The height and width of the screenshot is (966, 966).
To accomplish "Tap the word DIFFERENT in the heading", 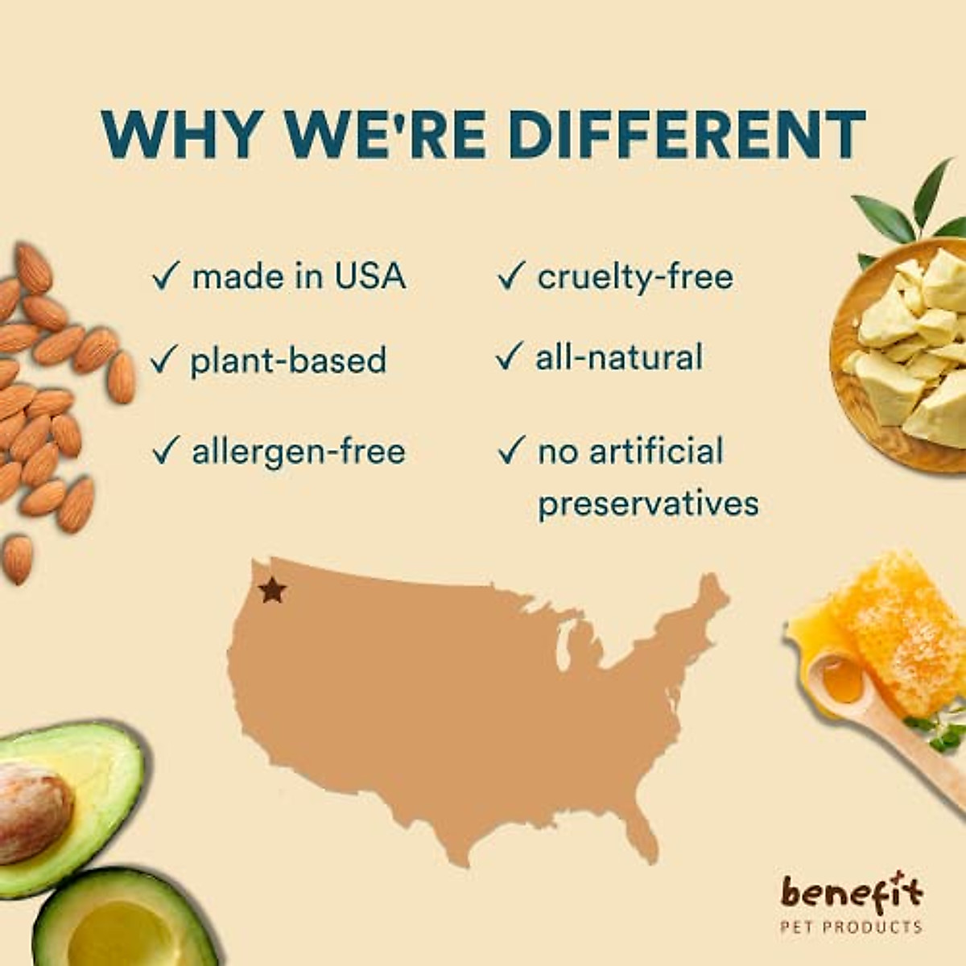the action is pos(687,134).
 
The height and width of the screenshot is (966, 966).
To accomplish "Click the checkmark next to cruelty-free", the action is pos(511,275).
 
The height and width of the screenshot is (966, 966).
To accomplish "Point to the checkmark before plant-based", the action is pos(163,359).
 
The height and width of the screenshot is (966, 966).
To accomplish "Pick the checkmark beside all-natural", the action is pos(509,356).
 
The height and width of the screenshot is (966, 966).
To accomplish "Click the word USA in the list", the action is pos(370,275).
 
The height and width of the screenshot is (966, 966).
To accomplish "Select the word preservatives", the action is pos(648,503).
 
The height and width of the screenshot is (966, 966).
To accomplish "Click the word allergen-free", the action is pos(299,451).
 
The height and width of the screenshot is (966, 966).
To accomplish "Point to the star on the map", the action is pos(273,590).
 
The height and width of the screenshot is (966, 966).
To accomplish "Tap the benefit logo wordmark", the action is pos(852,893).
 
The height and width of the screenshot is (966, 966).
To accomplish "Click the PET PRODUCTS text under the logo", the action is pos(851,927).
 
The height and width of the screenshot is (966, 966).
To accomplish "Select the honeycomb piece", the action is pos(898,636).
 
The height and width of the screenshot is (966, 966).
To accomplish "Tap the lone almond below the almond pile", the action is pos(18,559).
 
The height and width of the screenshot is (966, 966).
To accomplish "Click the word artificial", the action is pos(656,450).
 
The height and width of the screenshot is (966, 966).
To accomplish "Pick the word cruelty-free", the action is pos(635,277).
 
